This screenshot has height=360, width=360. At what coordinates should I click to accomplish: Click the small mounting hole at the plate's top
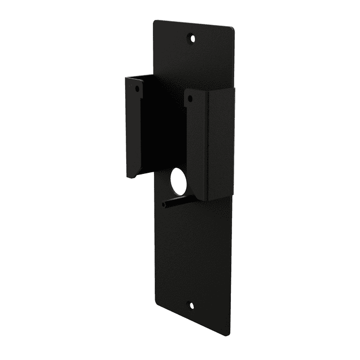(193, 38)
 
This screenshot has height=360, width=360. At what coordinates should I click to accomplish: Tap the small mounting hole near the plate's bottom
(192, 306)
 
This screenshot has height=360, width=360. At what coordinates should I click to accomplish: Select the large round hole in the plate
(179, 181)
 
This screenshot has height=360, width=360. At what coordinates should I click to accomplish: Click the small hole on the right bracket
(189, 99)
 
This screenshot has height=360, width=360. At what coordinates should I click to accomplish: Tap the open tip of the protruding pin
(164, 205)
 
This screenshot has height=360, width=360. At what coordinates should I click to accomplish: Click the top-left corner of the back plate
(155, 21)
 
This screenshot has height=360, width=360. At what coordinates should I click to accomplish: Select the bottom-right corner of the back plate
(229, 335)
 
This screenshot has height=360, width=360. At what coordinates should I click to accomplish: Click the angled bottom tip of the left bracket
(129, 177)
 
